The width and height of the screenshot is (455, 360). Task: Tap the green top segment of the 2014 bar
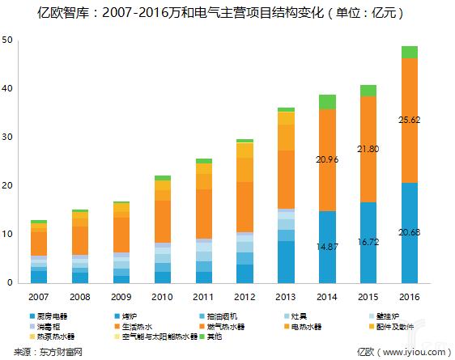(326, 102)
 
